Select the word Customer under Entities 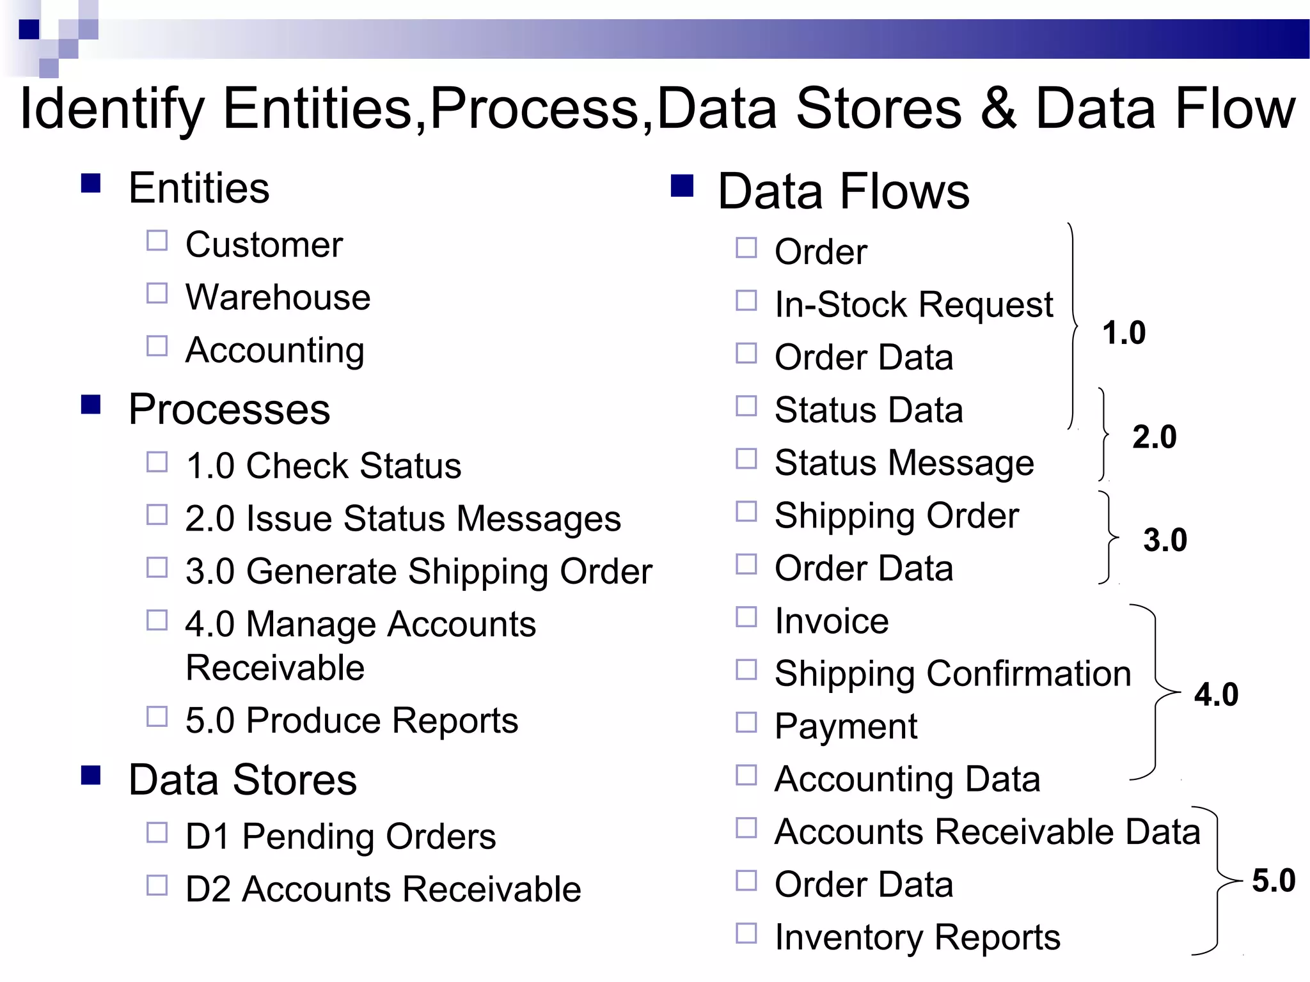[x=264, y=244]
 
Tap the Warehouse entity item [x=278, y=297]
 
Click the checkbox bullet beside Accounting [x=157, y=346]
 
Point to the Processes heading [x=229, y=409]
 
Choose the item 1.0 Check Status [x=323, y=465]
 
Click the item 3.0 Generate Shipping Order [x=418, y=571]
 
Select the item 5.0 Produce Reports [x=351, y=721]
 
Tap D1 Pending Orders [x=340, y=836]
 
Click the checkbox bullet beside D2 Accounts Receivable [x=157, y=885]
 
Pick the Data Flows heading [x=843, y=191]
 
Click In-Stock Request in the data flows [x=913, y=304]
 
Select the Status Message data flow [x=904, y=463]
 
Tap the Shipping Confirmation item [x=952, y=674]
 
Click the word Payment [x=846, y=727]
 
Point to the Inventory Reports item [x=917, y=938]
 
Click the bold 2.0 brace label [x=1154, y=437]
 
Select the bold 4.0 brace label [x=1216, y=694]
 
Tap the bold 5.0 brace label [x=1273, y=880]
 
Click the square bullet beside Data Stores [x=91, y=775]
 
